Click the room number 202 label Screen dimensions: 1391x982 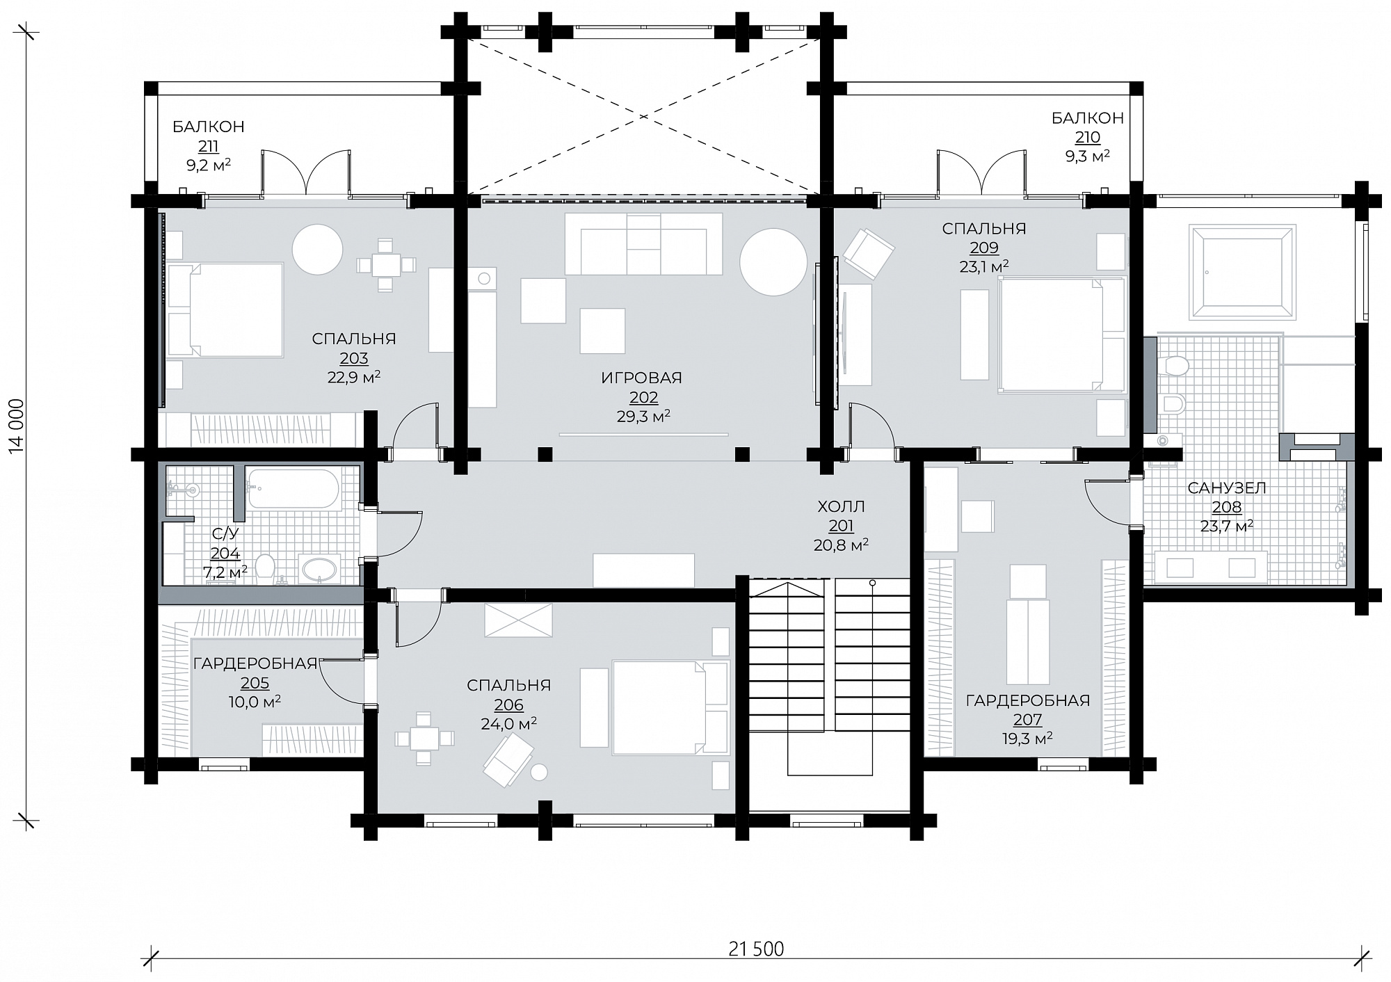[x=643, y=397]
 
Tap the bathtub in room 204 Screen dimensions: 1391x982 [x=294, y=489]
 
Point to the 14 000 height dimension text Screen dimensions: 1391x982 [x=17, y=425]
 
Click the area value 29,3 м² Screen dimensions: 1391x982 [x=643, y=417]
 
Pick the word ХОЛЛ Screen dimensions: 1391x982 [x=841, y=506]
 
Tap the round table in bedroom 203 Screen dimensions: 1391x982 [x=317, y=249]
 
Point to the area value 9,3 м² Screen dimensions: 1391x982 [x=1088, y=156]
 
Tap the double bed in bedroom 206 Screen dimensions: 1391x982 [x=670, y=708]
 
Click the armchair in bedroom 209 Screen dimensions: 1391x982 [x=868, y=254]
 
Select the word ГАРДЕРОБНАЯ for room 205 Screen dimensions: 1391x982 [x=255, y=663]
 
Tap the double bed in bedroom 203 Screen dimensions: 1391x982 [x=225, y=309]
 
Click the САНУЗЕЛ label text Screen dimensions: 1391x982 [x=1227, y=488]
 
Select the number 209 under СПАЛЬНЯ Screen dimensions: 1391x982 [x=984, y=248]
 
